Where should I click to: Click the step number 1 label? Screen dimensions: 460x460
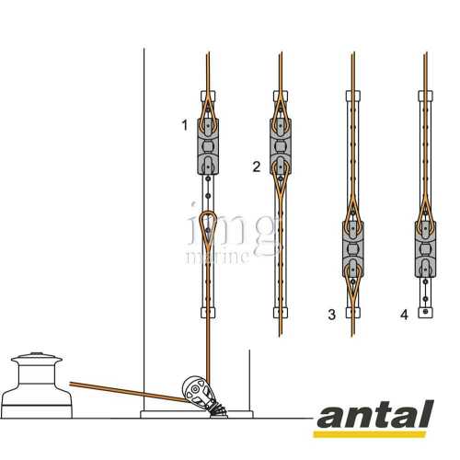tap(184, 125)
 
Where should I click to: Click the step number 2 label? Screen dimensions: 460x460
tap(257, 167)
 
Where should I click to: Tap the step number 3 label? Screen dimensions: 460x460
tap(332, 315)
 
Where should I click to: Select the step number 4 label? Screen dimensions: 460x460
tap(404, 315)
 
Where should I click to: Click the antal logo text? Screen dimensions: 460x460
tap(375, 414)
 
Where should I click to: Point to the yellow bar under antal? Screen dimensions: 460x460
tap(370, 434)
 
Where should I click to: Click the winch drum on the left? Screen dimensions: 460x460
tap(36, 385)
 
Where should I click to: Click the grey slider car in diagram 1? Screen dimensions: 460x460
tap(208, 146)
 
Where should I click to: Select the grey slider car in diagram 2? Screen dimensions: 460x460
tap(281, 146)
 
